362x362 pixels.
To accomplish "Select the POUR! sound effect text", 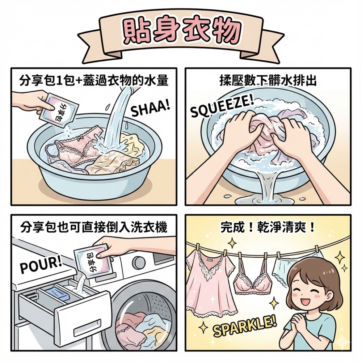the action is (41, 264).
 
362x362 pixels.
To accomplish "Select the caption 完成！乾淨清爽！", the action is (268, 228).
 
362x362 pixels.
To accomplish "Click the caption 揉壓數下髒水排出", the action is (268, 81).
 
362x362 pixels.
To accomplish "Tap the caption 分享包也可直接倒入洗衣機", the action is (94, 228).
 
